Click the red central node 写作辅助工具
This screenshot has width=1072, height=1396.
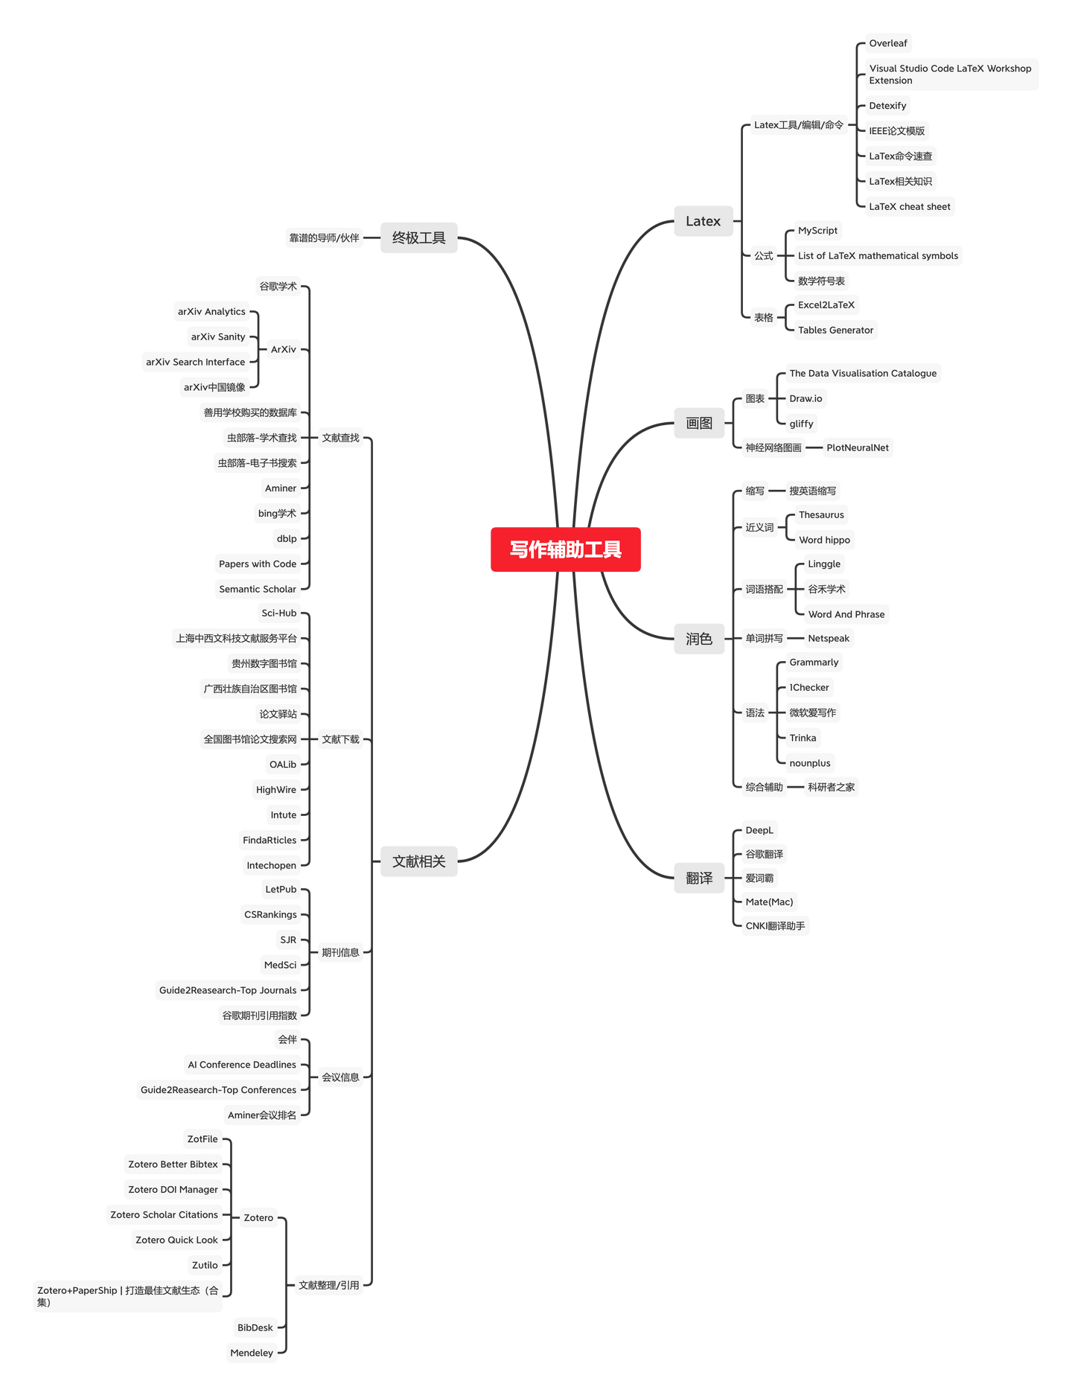[x=566, y=549]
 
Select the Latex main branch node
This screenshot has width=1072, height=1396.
[x=703, y=221]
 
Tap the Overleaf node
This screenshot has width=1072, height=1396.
[x=888, y=43]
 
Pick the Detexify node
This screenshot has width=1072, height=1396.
[x=887, y=106]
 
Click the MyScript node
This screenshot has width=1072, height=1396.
[x=817, y=231]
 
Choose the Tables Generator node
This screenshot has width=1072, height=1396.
[x=835, y=330]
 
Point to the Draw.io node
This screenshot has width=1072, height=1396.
[x=805, y=398]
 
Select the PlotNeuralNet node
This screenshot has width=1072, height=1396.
[x=858, y=447]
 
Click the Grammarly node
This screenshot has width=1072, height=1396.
[x=814, y=662]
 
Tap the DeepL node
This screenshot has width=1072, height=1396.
[x=759, y=830]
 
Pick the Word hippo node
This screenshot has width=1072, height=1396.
[x=824, y=540]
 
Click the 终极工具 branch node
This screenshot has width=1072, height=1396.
[x=418, y=238]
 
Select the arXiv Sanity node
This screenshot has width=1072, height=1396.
[x=218, y=337]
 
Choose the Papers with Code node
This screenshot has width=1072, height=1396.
[x=258, y=564]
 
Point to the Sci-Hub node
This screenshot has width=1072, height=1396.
[x=279, y=613]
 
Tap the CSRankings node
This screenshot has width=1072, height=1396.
[x=270, y=914]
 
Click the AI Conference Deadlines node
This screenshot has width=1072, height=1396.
[x=242, y=1065]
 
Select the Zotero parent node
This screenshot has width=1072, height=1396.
[x=258, y=1218]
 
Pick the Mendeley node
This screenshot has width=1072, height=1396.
[x=252, y=1353]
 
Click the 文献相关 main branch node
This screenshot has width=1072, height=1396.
[x=418, y=861]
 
